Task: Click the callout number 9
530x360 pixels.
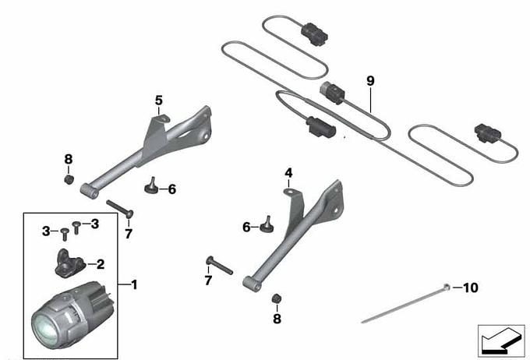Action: pyautogui.click(x=370, y=81)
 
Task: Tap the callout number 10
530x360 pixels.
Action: pyautogui.click(x=471, y=288)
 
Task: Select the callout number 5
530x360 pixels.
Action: pyautogui.click(x=158, y=101)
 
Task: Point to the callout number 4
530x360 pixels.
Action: pyautogui.click(x=288, y=173)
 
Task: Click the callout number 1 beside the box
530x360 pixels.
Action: pyautogui.click(x=135, y=285)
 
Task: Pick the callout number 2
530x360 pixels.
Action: pyautogui.click(x=101, y=264)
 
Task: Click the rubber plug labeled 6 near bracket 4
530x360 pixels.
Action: pyautogui.click(x=267, y=225)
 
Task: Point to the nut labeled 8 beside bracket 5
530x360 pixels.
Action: pyautogui.click(x=69, y=179)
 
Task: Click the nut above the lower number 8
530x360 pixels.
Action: pyautogui.click(x=277, y=298)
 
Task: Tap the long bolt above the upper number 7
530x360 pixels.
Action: pyautogui.click(x=120, y=209)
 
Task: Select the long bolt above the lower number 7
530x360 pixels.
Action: pyautogui.click(x=219, y=266)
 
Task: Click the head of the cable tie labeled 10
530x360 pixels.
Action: pyautogui.click(x=447, y=288)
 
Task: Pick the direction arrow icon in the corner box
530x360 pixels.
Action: pyautogui.click(x=501, y=341)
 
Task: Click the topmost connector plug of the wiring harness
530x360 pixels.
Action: pyautogui.click(x=314, y=34)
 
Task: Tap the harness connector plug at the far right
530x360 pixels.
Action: pyautogui.click(x=488, y=133)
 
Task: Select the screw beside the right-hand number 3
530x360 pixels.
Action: pyautogui.click(x=76, y=228)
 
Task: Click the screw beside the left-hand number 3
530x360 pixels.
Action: pyautogui.click(x=65, y=234)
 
